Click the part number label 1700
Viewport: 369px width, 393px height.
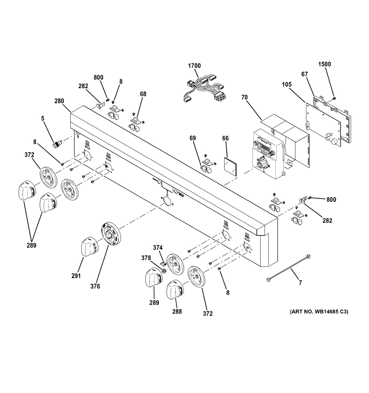(194, 66)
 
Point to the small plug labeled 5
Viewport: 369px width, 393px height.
(58, 143)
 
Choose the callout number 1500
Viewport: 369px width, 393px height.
(325, 64)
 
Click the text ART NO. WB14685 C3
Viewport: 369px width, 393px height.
(319, 312)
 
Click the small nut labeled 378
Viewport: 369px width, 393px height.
(163, 271)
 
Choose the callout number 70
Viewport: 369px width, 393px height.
(245, 97)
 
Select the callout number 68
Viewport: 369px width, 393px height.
(143, 94)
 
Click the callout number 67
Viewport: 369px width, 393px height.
(305, 74)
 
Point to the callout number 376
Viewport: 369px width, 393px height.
(95, 286)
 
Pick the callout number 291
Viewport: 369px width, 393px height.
(76, 276)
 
